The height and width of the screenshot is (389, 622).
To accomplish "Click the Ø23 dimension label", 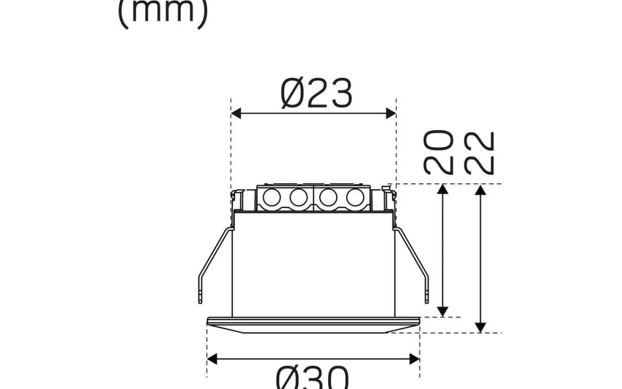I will click(x=316, y=93).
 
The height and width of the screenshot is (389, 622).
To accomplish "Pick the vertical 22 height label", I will click(x=479, y=153).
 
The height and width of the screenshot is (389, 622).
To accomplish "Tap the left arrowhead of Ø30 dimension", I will click(x=212, y=359).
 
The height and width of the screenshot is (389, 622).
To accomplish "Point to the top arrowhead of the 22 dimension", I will click(x=480, y=189).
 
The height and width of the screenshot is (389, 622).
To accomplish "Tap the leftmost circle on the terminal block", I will click(x=272, y=198).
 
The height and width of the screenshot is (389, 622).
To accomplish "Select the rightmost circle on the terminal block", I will click(x=354, y=198).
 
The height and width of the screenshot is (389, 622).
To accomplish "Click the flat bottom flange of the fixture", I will click(x=313, y=325).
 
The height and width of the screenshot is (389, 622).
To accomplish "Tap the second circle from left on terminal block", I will click(x=298, y=198).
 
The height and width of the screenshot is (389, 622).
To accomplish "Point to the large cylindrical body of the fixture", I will click(x=314, y=264).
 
